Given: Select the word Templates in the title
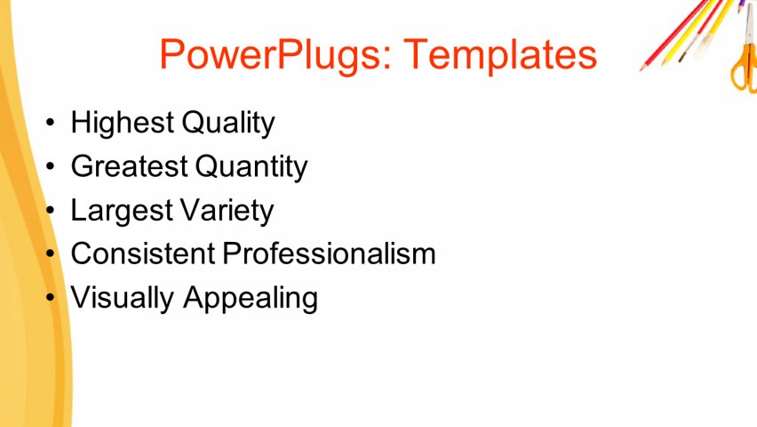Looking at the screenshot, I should coord(500,55).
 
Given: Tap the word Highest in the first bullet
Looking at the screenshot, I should coord(123,123).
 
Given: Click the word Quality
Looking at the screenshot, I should coord(228,123).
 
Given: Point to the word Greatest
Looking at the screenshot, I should coord(129,166).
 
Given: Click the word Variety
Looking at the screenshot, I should coord(227,210).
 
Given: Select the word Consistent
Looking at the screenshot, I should coord(142,254).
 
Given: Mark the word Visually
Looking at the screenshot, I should coord(123,297).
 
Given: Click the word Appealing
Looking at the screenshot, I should coord(251,297).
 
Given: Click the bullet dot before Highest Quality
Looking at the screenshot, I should coord(54,124).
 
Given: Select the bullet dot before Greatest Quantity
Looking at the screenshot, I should coord(54,167).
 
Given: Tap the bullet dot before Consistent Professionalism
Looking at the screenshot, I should coord(54,254).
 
